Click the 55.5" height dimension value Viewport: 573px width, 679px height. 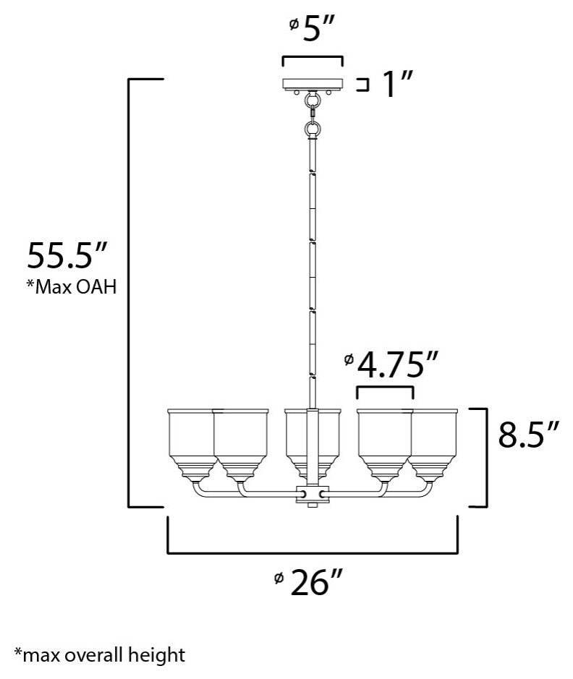tap(67, 255)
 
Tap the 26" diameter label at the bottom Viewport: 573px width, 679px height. tap(315, 583)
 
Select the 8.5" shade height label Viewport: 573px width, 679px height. tap(530, 436)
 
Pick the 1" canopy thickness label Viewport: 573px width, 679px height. tap(396, 86)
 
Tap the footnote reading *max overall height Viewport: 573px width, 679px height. tap(99, 656)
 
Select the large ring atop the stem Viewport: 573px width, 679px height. tap(313, 129)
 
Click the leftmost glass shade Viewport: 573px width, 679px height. tap(190, 441)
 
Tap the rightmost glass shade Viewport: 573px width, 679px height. tap(436, 441)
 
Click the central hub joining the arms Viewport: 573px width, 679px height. tap(313, 495)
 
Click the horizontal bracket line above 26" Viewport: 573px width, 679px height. tap(313, 553)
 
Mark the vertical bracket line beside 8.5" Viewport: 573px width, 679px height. tap(483, 458)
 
